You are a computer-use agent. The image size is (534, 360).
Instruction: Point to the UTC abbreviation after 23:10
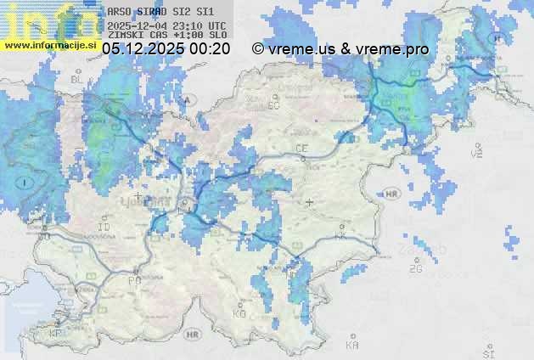[216, 25]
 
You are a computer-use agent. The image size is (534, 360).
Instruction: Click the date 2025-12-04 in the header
[138, 25]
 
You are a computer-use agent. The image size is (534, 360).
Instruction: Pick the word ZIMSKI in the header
[124, 36]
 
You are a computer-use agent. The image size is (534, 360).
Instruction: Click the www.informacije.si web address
[50, 45]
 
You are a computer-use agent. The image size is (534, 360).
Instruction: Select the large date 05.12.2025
[143, 49]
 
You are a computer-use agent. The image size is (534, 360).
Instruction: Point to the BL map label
[77, 79]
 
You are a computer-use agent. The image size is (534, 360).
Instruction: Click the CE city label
[301, 149]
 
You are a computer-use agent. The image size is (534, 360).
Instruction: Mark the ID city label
[105, 228]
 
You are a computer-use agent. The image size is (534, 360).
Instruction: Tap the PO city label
[133, 279]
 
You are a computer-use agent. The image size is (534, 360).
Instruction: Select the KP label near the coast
[56, 334]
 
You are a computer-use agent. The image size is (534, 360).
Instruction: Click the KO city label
[239, 313]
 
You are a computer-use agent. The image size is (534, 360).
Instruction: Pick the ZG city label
[415, 269]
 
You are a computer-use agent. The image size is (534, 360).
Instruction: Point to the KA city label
[352, 345]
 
